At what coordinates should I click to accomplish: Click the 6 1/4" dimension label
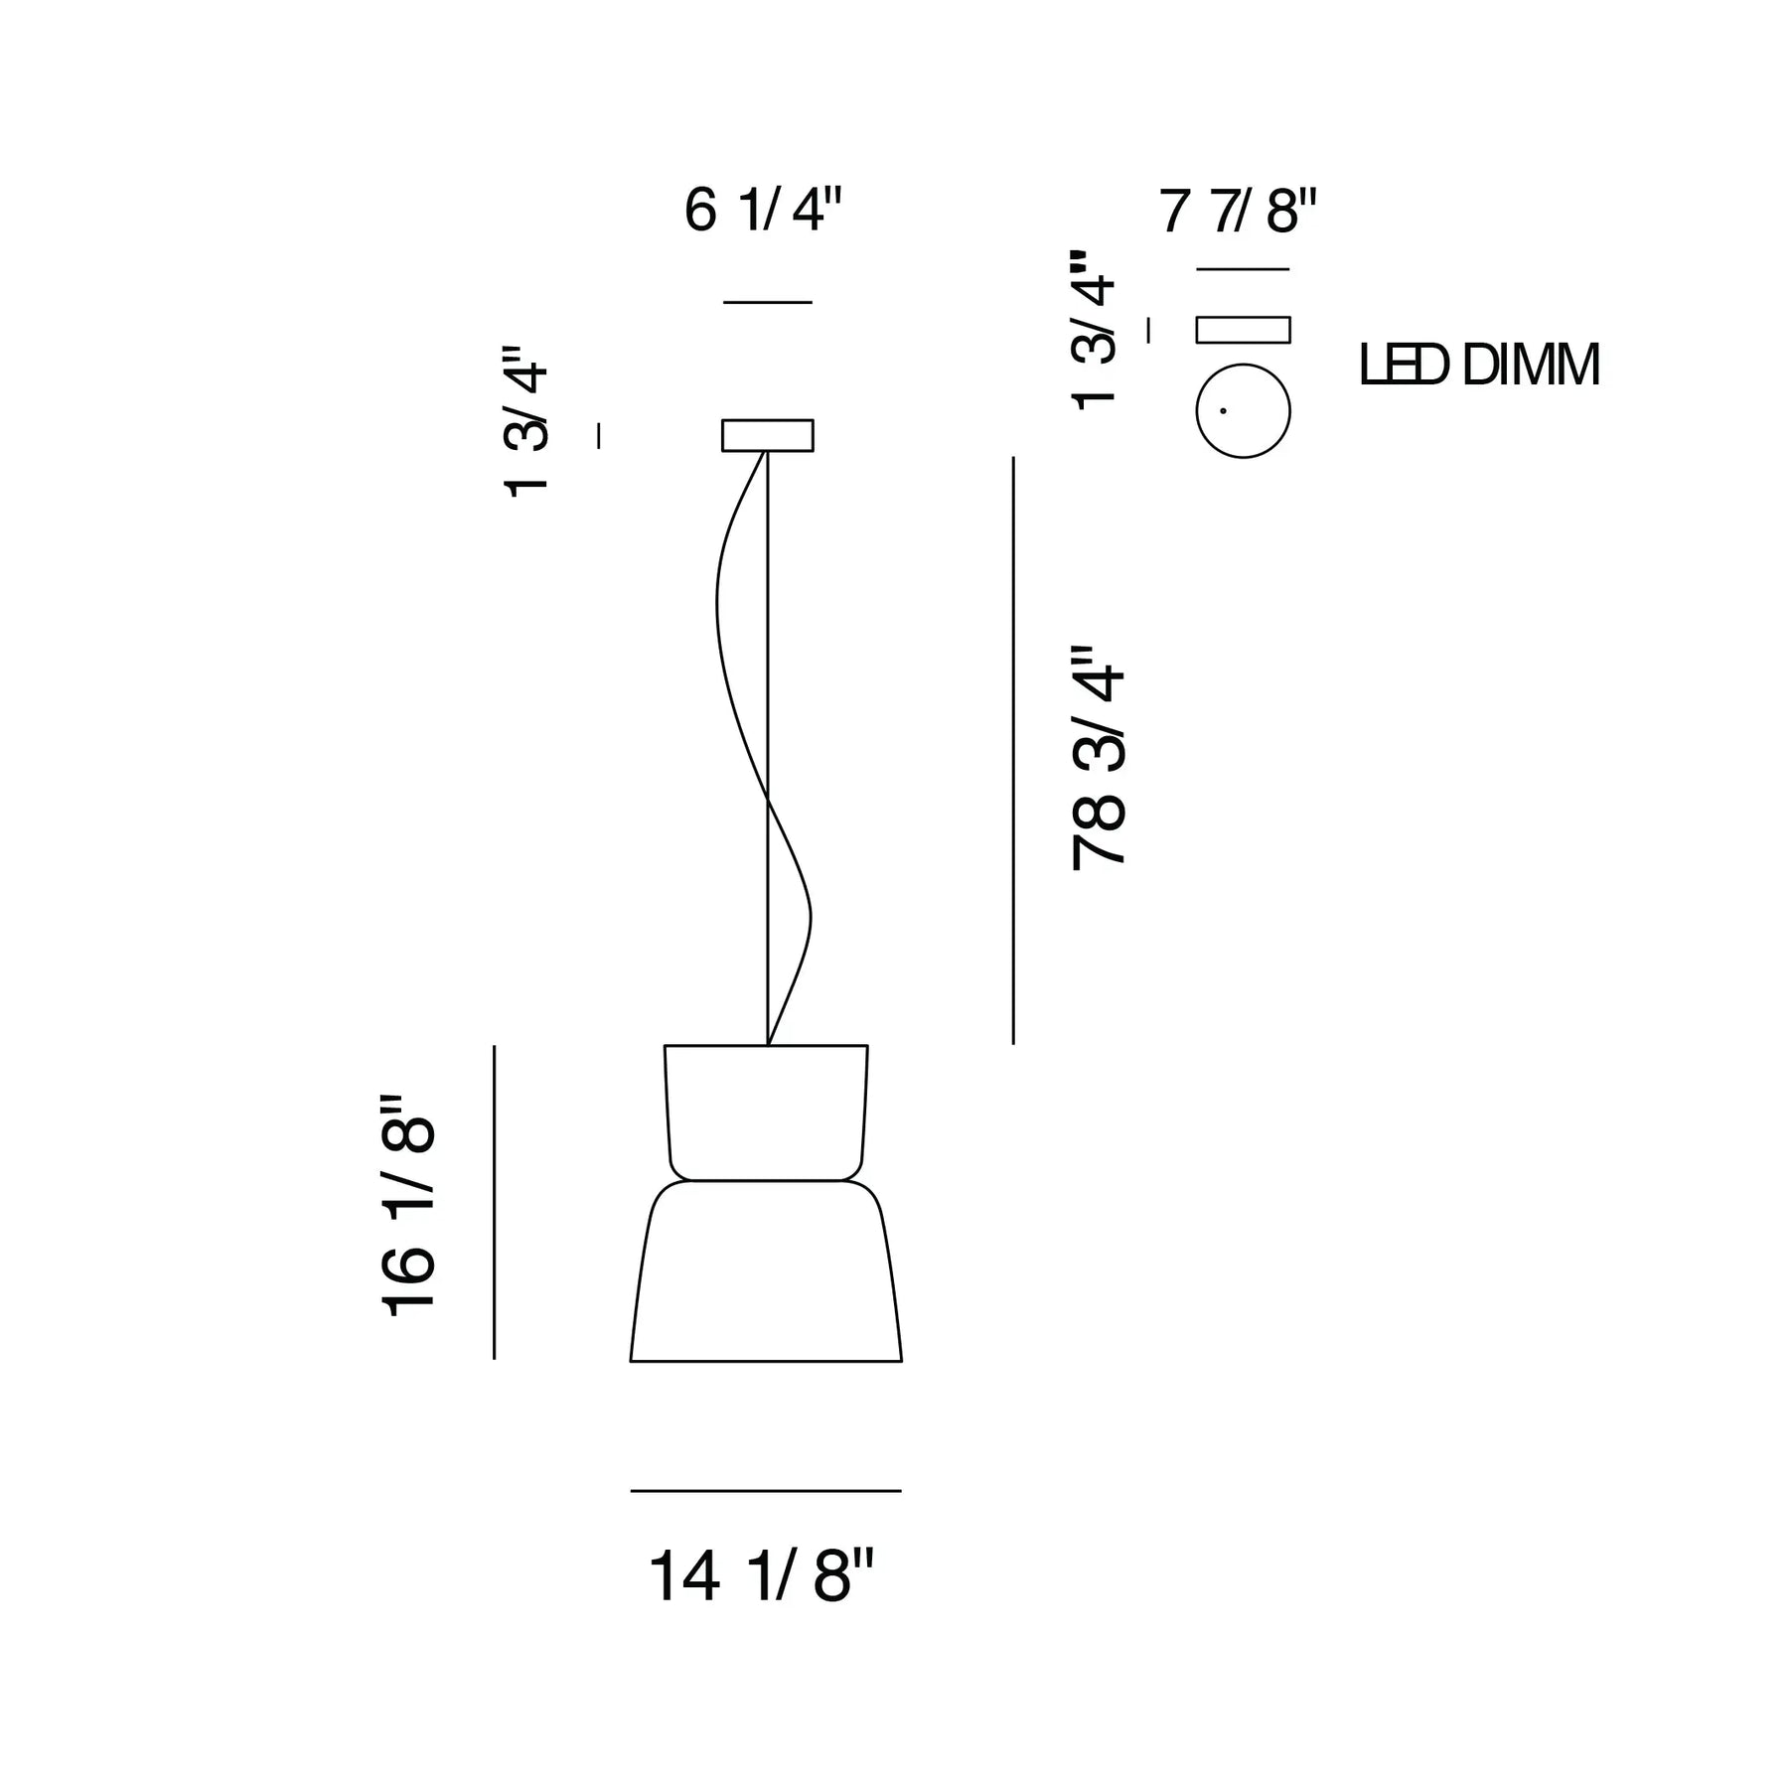coord(763,211)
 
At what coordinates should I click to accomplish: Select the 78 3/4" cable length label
coord(1098,759)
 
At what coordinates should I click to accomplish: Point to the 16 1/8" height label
coord(408,1206)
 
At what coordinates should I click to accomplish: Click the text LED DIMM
coord(1479,366)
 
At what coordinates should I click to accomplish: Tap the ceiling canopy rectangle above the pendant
coord(768,435)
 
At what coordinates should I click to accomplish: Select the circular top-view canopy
coord(1243,411)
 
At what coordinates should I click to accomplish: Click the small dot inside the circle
coord(1223,410)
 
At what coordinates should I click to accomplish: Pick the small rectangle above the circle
coord(1243,330)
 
